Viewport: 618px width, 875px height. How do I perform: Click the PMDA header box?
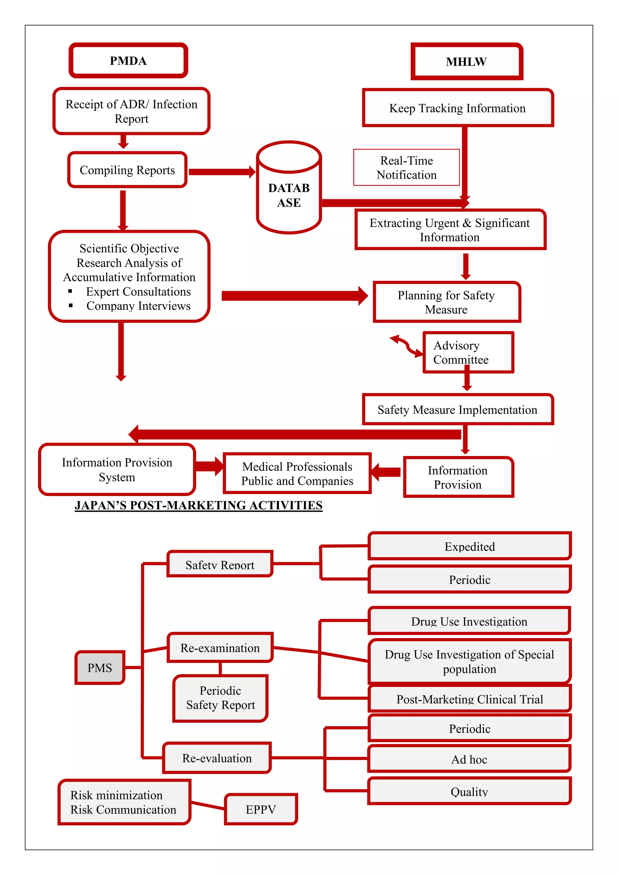[128, 61]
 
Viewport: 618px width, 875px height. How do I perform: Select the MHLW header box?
[467, 62]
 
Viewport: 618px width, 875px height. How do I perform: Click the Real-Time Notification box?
[406, 168]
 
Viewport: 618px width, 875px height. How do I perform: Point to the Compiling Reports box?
[127, 170]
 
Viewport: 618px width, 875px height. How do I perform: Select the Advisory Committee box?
[468, 352]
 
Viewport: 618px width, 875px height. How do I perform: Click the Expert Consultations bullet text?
[138, 291]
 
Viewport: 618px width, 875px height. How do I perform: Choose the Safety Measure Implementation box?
[457, 410]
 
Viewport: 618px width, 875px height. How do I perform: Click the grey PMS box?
[100, 668]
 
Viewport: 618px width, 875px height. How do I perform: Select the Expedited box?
[470, 546]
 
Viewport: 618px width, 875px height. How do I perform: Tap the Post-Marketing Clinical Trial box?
[470, 699]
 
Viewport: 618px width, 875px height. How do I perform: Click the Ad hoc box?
[469, 760]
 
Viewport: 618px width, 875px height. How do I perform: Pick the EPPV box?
[261, 809]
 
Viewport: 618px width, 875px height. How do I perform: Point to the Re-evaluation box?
[217, 758]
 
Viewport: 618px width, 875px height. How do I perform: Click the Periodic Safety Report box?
[221, 698]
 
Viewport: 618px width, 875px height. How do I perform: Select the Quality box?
[469, 792]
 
